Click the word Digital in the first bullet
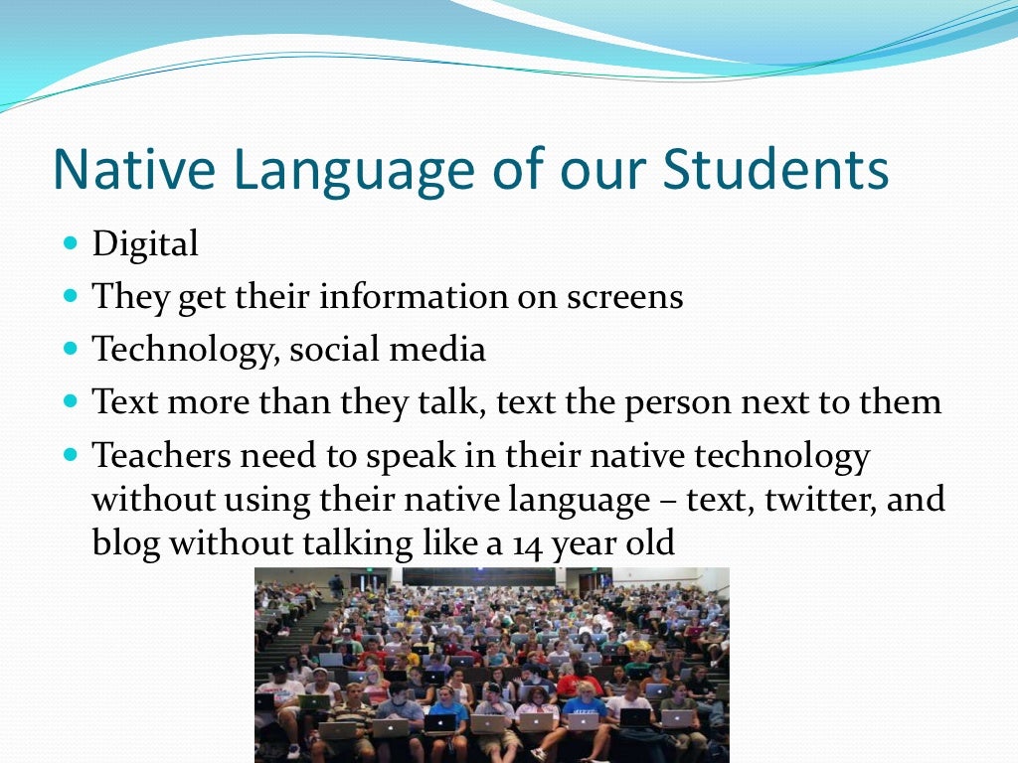145,244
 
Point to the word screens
623,297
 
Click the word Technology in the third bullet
178,351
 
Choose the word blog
123,543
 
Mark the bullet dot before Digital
70,242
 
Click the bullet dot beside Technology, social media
70,349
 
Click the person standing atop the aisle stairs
337,587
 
